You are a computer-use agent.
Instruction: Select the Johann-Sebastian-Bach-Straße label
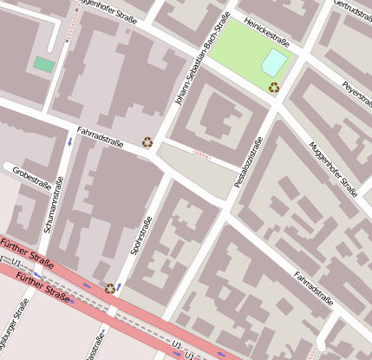(x=201, y=60)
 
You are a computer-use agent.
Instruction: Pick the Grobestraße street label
(x=32, y=176)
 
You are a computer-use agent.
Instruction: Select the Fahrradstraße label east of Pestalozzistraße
(x=313, y=285)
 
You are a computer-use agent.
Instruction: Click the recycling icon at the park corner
(x=274, y=87)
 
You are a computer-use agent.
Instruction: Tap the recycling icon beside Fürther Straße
(x=109, y=289)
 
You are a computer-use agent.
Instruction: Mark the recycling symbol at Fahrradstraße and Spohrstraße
(x=147, y=141)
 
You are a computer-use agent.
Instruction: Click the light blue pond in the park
(x=273, y=62)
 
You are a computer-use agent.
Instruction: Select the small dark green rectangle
(x=42, y=64)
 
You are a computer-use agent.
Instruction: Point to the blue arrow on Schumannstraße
(x=69, y=140)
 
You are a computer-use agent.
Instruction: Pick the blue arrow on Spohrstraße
(x=118, y=286)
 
